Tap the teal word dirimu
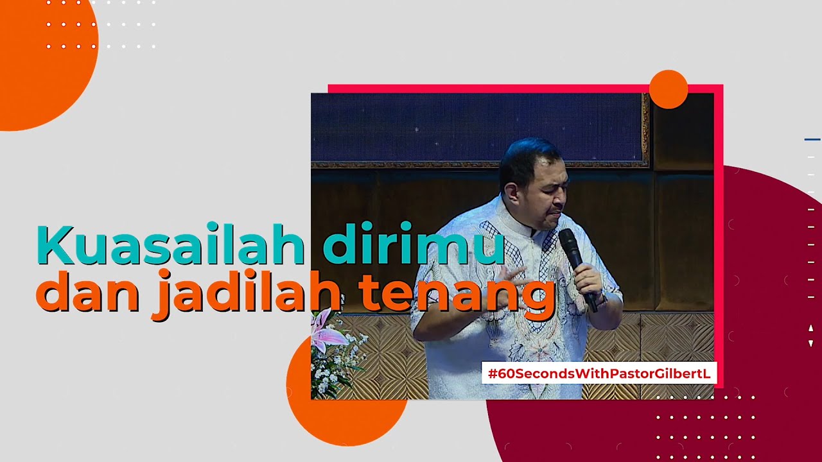pyautogui.click(x=413, y=245)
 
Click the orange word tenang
pyautogui.click(x=456, y=294)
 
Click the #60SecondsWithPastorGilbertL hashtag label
pyautogui.click(x=599, y=373)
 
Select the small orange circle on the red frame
pyautogui.click(x=669, y=89)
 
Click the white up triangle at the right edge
pyautogui.click(x=810, y=329)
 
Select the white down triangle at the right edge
pyautogui.click(x=810, y=343)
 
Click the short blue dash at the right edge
pyautogui.click(x=812, y=139)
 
